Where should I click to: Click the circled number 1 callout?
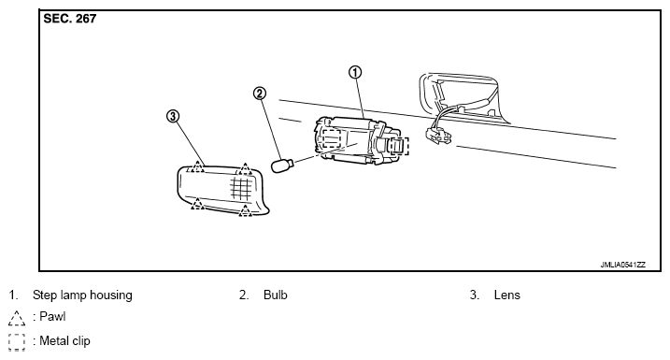[x=355, y=72]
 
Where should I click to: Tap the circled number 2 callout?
[x=260, y=94]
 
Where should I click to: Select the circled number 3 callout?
[x=172, y=116]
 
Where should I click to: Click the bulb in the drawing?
[x=281, y=165]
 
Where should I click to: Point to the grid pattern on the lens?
[x=240, y=189]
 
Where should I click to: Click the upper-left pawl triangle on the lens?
[x=197, y=166]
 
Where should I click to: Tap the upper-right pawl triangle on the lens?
[x=245, y=169]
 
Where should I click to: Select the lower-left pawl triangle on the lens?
[x=197, y=204]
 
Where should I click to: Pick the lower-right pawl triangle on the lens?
[x=245, y=210]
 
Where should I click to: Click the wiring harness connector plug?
[x=438, y=136]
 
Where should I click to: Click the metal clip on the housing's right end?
[x=398, y=146]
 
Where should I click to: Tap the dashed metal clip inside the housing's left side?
[x=331, y=138]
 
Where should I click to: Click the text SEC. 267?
[x=70, y=19]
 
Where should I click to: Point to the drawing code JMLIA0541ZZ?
[x=623, y=265]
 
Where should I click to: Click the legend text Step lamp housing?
[x=82, y=295]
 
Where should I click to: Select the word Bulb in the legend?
[x=275, y=295]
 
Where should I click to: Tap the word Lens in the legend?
[x=506, y=295]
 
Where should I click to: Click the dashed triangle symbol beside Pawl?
[x=17, y=318]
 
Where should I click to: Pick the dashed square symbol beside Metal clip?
[x=17, y=342]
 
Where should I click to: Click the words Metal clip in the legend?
[x=64, y=340]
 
